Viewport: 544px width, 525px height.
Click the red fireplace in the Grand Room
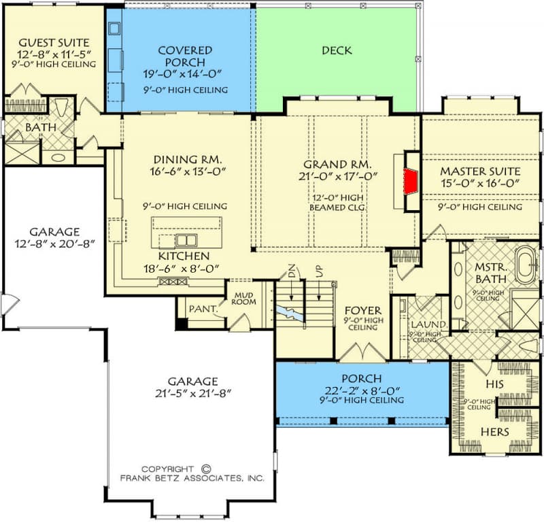point(409,181)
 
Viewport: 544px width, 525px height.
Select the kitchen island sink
point(184,239)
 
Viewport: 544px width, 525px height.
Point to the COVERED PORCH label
point(184,56)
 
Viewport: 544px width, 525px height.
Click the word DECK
point(337,50)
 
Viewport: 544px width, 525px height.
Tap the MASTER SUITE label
point(479,171)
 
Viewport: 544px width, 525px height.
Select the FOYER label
point(362,308)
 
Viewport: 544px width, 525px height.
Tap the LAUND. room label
point(428,324)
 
